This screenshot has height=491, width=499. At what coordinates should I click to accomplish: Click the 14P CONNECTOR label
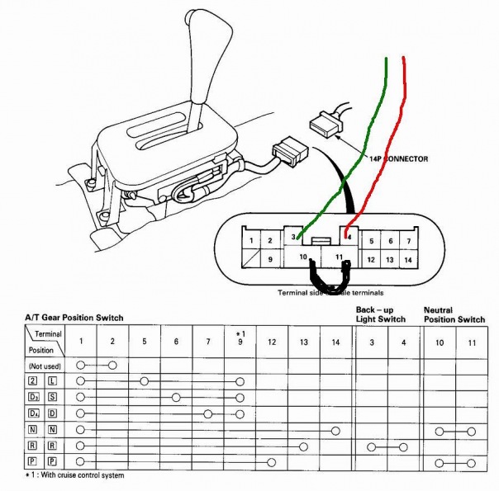pyautogui.click(x=394, y=158)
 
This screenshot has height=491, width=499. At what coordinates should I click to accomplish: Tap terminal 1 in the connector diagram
pyautogui.click(x=249, y=241)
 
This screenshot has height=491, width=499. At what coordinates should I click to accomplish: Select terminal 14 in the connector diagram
pyautogui.click(x=406, y=259)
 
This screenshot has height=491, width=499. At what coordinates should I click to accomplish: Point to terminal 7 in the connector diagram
pyautogui.click(x=406, y=241)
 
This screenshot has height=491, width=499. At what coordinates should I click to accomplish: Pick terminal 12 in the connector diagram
pyautogui.click(x=371, y=259)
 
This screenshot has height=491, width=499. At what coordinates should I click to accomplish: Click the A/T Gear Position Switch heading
pyautogui.click(x=75, y=318)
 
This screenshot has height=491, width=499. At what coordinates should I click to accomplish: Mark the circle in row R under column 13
pyautogui.click(x=304, y=446)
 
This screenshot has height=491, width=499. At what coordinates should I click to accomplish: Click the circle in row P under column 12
pyautogui.click(x=272, y=461)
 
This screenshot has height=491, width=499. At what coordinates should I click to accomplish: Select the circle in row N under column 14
pyautogui.click(x=335, y=430)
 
